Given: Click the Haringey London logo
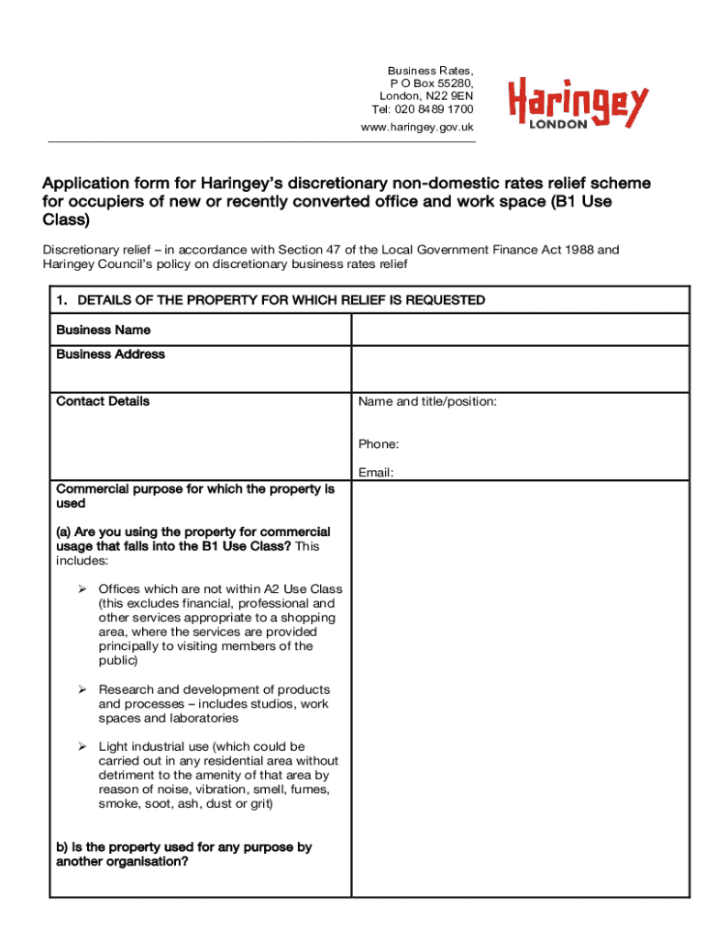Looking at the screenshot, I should click(578, 101).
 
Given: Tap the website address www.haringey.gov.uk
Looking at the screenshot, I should click(417, 127).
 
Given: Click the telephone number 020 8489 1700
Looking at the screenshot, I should click(436, 109).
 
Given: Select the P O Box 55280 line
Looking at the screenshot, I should click(430, 84).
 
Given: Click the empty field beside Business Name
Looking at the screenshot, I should click(520, 330).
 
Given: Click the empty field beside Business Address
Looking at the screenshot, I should click(520, 369).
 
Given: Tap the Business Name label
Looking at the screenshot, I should click(104, 330).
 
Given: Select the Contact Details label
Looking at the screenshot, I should click(103, 401).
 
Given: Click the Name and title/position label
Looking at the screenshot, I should click(427, 401).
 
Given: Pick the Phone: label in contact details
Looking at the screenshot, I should click(379, 444).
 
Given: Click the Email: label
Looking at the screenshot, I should click(376, 473).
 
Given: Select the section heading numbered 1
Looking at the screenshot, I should click(270, 300).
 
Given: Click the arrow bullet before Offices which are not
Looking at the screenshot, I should click(82, 589).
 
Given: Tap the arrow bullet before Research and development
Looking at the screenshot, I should click(82, 689).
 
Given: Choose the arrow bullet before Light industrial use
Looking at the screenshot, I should click(82, 747).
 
